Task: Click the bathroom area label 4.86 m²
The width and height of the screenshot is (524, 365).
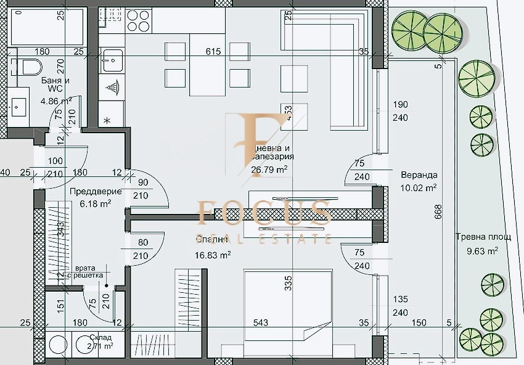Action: [x=56, y=100]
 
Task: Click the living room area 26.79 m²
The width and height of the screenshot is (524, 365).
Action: [x=269, y=168]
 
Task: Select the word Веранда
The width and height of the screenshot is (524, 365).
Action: [x=419, y=174]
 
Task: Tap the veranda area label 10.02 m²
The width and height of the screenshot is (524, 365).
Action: [x=419, y=187]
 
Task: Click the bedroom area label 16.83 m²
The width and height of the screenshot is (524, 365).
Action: [x=214, y=253]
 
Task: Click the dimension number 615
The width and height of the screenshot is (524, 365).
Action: [x=213, y=52]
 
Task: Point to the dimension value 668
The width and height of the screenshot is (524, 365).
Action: [x=438, y=212]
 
